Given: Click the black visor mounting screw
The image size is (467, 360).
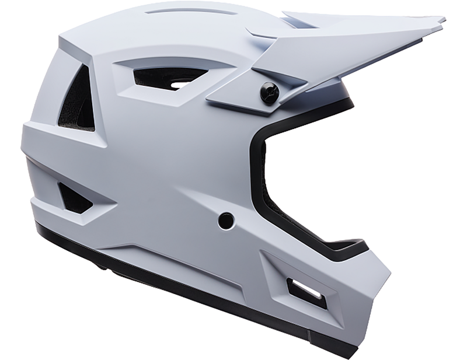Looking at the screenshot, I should pos(269,93).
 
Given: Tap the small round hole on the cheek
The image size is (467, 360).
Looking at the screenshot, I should pos(226,221).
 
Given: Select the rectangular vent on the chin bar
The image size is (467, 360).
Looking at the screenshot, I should pos(306,290).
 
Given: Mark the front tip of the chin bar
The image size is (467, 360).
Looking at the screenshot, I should pos(385,274).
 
